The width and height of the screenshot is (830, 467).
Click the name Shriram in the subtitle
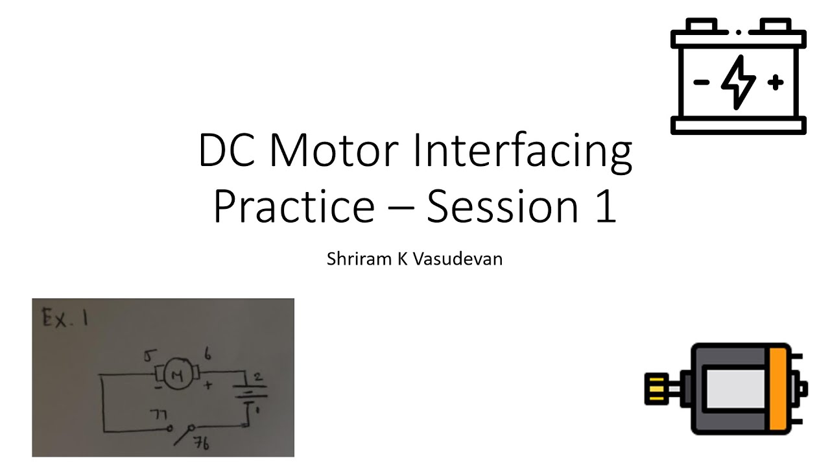(x=354, y=259)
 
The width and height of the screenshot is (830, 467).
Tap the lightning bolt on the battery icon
(x=739, y=81)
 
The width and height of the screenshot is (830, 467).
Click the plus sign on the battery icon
(x=776, y=82)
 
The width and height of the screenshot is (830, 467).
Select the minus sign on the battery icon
(x=701, y=82)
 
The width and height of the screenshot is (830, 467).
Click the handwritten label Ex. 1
(x=63, y=318)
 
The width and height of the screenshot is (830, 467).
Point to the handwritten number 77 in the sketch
(x=160, y=414)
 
